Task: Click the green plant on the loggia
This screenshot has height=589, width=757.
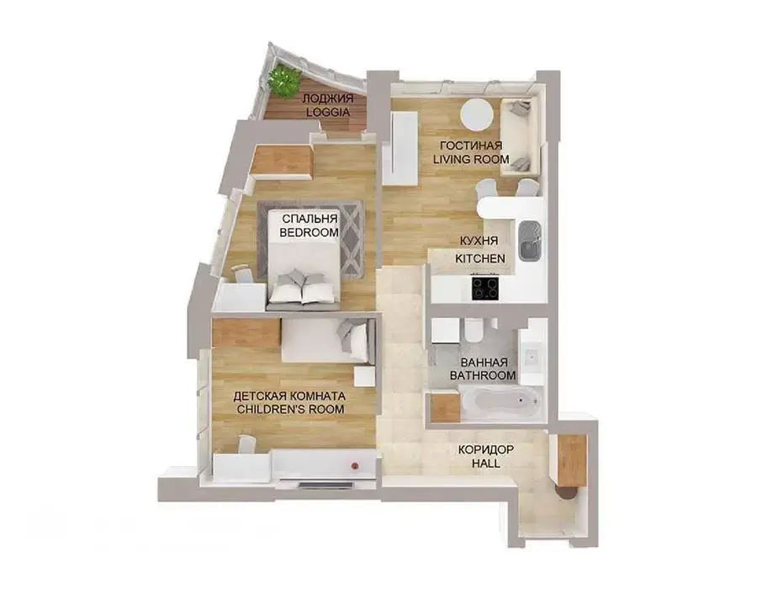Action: [285, 80]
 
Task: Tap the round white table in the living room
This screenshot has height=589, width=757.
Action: [477, 114]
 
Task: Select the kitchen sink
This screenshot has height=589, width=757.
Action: [530, 241]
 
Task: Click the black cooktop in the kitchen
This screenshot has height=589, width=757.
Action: [485, 288]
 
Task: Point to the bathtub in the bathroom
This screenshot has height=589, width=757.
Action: [499, 400]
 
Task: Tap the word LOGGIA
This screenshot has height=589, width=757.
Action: [328, 112]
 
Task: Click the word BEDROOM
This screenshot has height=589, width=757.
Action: [309, 232]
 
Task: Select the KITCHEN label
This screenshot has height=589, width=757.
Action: [480, 258]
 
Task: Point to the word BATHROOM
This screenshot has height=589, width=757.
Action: [483, 375]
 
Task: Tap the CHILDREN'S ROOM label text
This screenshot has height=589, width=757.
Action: [289, 410]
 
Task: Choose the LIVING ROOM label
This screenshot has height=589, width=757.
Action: [471, 159]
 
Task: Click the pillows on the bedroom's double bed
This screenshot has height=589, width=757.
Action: [302, 285]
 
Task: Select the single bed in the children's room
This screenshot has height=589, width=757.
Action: [328, 340]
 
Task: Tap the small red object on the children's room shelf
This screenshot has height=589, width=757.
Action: [355, 466]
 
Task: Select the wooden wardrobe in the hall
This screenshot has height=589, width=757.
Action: [571, 459]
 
